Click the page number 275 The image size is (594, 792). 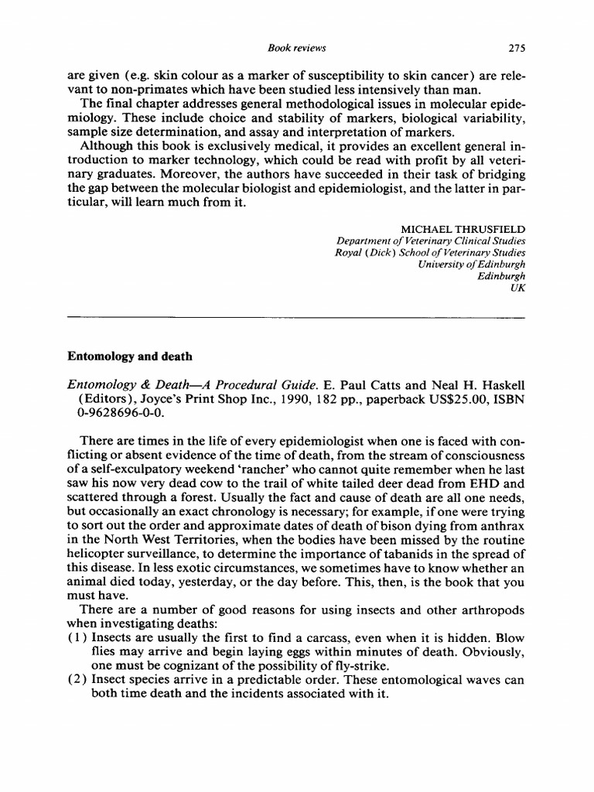(516, 48)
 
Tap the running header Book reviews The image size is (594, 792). (296, 48)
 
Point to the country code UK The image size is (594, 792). (518, 288)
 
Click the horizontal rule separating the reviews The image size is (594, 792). (296, 317)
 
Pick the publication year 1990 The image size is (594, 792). (241, 399)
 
